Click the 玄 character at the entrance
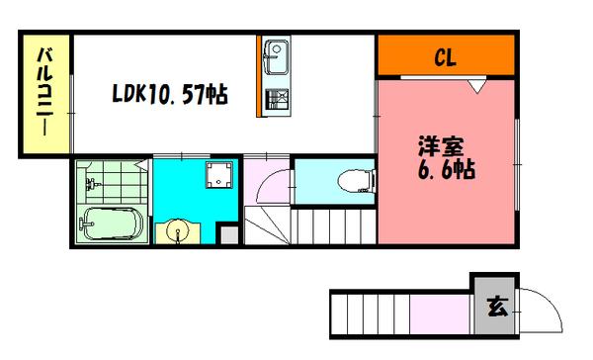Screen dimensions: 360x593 pyautogui.click(x=495, y=309)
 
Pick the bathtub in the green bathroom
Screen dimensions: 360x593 pyautogui.click(x=111, y=225)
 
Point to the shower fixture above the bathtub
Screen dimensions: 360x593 pyautogui.click(x=94, y=184)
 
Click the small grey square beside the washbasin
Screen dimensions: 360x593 pyautogui.click(x=227, y=235)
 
